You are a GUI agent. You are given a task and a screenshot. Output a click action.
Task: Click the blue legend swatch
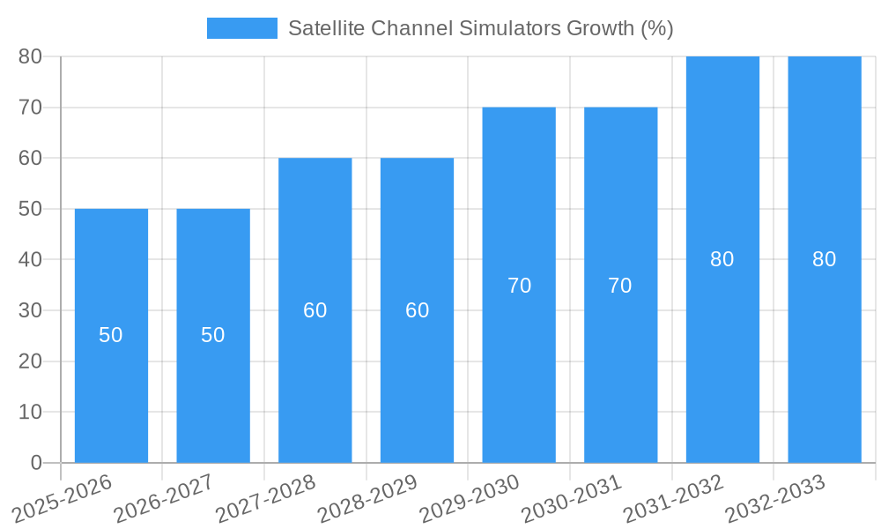click(x=241, y=28)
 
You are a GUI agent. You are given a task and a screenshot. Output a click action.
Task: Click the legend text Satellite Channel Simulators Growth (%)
click(x=480, y=28)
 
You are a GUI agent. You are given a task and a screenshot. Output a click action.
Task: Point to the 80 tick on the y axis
click(x=30, y=56)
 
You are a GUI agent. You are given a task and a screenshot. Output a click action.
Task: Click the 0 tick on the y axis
click(x=36, y=463)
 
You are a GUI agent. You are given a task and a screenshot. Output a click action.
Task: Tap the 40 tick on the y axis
click(x=30, y=260)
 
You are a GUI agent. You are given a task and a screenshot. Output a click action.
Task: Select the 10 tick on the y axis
click(x=30, y=412)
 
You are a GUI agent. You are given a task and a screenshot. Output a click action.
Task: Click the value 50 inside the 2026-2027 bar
click(x=213, y=335)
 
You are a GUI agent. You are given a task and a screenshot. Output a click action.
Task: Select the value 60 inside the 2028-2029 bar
click(x=417, y=310)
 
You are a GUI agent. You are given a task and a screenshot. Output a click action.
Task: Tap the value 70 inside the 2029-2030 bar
click(x=519, y=286)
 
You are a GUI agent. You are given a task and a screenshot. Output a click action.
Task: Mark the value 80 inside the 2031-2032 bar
click(x=722, y=259)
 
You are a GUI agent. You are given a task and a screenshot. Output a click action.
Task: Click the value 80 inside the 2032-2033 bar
click(x=824, y=259)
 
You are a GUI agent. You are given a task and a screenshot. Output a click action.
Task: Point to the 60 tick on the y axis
click(x=30, y=159)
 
